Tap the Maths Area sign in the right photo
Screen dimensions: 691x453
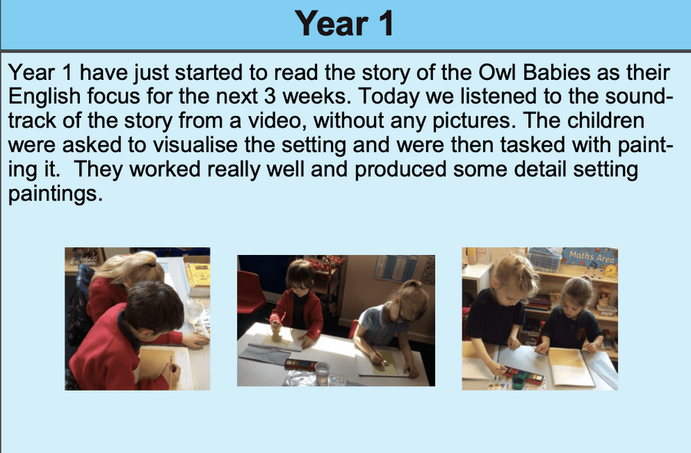591,256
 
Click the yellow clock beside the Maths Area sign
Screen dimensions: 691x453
610,270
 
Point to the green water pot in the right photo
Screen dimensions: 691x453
517,382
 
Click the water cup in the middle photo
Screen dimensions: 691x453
322,374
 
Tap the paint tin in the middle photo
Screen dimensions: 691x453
300,365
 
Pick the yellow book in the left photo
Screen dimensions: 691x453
199,276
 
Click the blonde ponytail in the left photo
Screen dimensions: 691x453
132,266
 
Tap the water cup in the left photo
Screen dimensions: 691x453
194,312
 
